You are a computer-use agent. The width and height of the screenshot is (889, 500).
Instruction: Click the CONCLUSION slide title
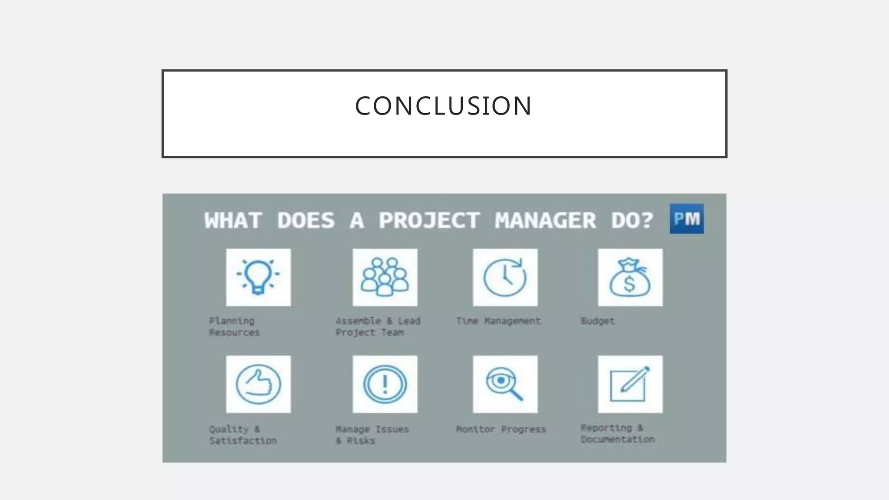point(444,106)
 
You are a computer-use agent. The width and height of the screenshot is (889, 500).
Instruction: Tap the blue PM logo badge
point(686,219)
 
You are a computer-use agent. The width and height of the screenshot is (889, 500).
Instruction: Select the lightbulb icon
point(258,277)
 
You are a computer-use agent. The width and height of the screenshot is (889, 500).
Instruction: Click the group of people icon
point(385,277)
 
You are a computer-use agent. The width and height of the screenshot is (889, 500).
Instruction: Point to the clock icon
point(505,277)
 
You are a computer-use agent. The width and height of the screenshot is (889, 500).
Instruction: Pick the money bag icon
point(630,277)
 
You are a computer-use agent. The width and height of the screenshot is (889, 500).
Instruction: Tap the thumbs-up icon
point(258,384)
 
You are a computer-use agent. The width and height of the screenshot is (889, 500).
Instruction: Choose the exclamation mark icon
point(385,384)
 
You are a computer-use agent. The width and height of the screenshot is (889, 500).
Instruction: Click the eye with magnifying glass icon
point(505,384)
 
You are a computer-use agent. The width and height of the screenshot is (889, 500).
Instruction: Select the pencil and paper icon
point(630,384)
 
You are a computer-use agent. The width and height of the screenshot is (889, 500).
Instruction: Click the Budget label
point(597,321)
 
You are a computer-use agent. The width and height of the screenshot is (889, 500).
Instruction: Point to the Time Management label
point(498,321)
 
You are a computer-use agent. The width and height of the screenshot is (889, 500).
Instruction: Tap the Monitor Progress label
point(500,429)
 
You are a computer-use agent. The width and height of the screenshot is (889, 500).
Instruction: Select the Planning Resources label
point(234,327)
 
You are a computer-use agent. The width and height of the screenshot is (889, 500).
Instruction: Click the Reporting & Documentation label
point(617,434)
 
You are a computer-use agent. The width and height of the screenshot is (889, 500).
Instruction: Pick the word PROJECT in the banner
point(429,220)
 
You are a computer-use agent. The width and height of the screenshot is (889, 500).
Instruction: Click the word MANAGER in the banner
point(545,220)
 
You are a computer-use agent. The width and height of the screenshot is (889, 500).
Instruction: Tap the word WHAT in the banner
point(233,220)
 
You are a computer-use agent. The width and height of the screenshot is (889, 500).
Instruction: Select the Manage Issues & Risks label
point(372,435)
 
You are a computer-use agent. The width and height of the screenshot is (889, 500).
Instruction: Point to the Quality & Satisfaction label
point(243,435)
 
